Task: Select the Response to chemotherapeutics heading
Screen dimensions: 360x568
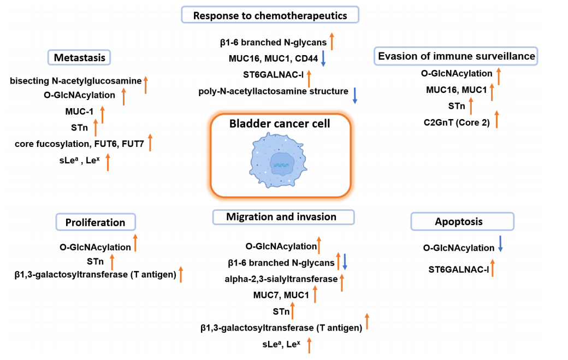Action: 270,15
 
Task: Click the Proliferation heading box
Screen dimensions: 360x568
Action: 96,222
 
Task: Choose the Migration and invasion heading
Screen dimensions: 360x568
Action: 282,217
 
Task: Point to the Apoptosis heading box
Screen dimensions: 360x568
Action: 463,222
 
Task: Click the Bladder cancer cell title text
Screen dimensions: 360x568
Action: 280,123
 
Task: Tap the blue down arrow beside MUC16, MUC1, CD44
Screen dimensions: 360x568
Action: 323,58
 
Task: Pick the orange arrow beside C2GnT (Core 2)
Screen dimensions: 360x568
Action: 496,119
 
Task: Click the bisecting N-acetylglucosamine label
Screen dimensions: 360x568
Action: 76,81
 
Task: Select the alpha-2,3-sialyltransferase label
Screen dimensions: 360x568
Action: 281,279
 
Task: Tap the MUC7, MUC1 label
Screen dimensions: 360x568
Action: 281,296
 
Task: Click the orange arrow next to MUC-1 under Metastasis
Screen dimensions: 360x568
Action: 102,115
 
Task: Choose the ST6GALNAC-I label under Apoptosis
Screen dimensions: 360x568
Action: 458,268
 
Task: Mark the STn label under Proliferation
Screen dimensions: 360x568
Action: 96,261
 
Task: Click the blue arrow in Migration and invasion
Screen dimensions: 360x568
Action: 345,262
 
